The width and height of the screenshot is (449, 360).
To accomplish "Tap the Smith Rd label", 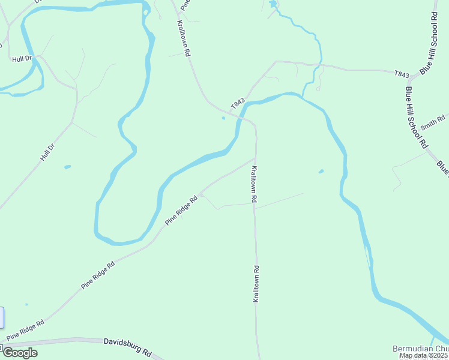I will coord(433,122).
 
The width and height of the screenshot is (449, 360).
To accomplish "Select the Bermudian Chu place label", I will coord(420,349).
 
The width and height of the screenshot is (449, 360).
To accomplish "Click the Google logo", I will coord(19,352).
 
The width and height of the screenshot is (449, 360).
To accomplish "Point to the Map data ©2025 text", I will coord(424,356).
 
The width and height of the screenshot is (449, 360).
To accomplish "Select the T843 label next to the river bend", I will coord(238,104).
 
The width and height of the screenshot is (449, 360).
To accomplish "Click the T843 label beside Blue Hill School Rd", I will coord(402,74).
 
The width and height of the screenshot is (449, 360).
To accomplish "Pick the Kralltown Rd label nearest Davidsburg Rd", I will coord(256,284).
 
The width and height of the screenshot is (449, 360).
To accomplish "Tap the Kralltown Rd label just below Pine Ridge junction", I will coord(255,184).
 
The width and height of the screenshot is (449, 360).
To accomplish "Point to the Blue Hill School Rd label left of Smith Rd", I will coord(415,118).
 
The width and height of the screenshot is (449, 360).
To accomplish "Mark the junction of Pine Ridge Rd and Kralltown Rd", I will coord(255,159).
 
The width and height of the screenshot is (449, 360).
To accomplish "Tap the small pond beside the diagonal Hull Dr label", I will coord(67,166).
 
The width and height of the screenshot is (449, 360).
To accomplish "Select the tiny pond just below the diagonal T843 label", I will coord(223,118).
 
